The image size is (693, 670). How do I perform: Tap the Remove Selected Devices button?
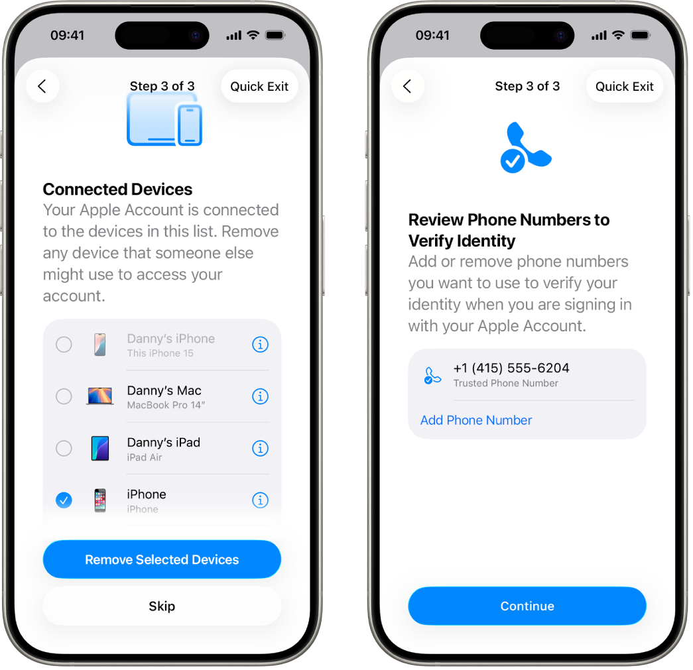coord(162,559)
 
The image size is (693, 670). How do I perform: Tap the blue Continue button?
coord(527,606)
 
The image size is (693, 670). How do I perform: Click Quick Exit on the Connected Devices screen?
coord(259,86)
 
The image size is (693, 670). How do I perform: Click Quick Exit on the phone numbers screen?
coord(624,86)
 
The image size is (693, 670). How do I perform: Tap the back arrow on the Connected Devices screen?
coord(42,86)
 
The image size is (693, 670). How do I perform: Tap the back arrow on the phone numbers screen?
coord(408,86)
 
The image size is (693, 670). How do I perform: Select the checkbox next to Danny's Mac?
coord(64,396)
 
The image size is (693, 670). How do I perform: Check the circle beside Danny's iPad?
coord(64,448)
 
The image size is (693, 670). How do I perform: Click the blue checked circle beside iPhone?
coord(64,500)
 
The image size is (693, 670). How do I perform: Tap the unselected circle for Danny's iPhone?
coord(64,345)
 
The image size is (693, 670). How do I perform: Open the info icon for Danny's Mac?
coord(261,396)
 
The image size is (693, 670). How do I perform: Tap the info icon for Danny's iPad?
coord(261,448)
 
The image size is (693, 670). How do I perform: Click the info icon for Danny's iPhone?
coord(261,345)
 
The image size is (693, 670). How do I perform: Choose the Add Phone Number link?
coord(476,420)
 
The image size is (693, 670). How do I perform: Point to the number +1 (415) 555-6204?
coord(511,368)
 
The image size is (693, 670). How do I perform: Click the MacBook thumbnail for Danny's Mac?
coord(100,396)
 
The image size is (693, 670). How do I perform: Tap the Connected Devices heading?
coord(117,190)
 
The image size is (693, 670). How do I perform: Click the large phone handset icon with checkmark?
coord(524,148)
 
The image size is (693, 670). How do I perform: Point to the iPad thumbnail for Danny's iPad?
coord(100,448)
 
